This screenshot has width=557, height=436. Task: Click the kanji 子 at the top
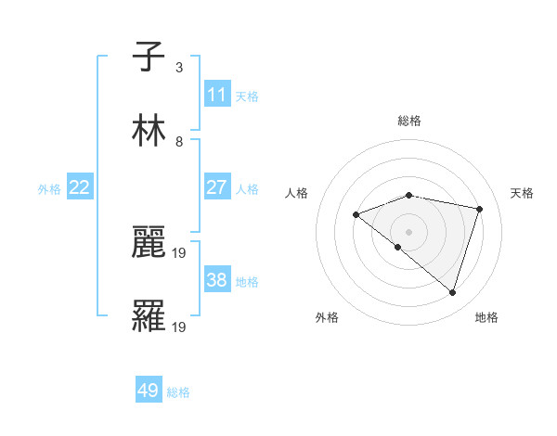click(x=149, y=57)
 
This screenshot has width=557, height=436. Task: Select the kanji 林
click(x=149, y=131)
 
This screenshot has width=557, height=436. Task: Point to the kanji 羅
click(x=149, y=315)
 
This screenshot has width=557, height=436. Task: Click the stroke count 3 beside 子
click(x=179, y=68)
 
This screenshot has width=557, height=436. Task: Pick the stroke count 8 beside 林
click(x=179, y=142)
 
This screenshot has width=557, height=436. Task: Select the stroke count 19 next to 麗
click(x=181, y=252)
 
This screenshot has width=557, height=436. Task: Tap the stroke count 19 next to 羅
click(x=181, y=327)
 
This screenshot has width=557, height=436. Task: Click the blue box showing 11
click(x=217, y=95)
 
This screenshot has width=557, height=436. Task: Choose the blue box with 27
click(x=217, y=187)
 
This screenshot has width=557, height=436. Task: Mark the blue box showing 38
click(x=217, y=280)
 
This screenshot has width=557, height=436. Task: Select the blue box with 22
click(x=80, y=187)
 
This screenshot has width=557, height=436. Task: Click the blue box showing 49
click(x=149, y=391)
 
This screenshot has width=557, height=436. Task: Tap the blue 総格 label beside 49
click(x=179, y=392)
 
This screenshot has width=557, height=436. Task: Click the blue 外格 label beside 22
click(x=49, y=189)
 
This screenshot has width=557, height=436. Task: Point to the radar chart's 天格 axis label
click(x=523, y=193)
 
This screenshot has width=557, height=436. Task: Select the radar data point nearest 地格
click(x=452, y=292)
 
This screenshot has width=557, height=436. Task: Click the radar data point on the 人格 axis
click(x=356, y=215)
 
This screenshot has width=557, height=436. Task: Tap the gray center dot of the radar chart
click(x=408, y=231)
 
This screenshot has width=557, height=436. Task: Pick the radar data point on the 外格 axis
click(x=398, y=247)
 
